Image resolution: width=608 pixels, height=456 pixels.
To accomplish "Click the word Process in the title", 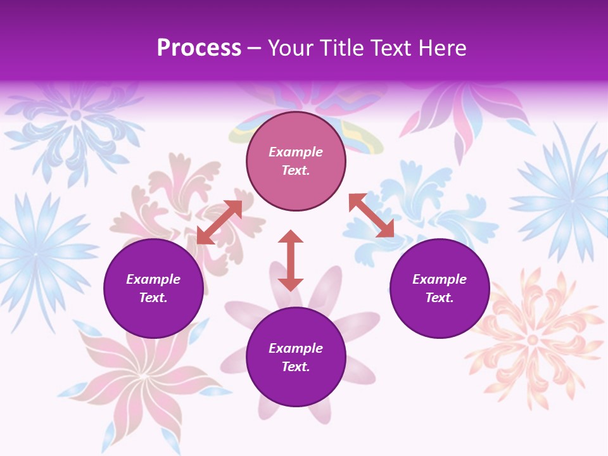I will (199, 48).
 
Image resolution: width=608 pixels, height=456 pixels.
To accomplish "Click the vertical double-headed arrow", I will (291, 260).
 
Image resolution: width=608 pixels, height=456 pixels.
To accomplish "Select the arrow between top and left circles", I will (219, 222).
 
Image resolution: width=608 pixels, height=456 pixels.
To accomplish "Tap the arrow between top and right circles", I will (371, 215).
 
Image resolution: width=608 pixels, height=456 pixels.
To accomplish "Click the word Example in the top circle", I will (296, 152).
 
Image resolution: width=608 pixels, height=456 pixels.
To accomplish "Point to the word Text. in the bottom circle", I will (296, 367).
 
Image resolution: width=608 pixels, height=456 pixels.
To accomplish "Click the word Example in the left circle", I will (153, 279).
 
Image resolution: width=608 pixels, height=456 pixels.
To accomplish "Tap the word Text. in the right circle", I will (440, 298).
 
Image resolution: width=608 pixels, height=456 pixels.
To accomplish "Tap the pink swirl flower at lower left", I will (142, 380).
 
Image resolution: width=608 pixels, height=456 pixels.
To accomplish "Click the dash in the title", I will (255, 48).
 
